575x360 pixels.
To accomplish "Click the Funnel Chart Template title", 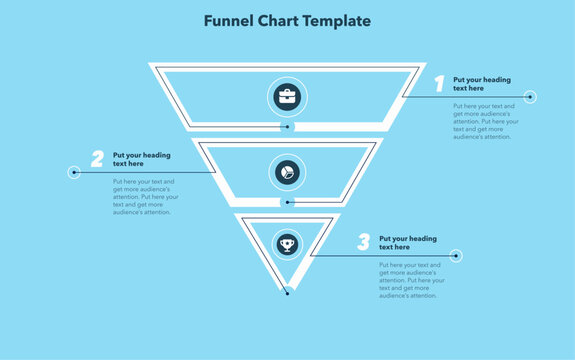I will pyautogui.click(x=287, y=20).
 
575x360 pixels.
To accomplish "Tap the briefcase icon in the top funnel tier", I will pyautogui.click(x=288, y=97).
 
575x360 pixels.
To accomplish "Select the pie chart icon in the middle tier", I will pyautogui.click(x=288, y=172).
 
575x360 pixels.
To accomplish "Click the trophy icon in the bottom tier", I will pyautogui.click(x=288, y=242).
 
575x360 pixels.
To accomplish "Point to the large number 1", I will pyautogui.click(x=438, y=83).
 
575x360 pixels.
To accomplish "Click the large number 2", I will pyautogui.click(x=97, y=158).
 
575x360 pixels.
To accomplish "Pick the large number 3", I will pyautogui.click(x=363, y=242).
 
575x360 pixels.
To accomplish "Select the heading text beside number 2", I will pyautogui.click(x=141, y=159).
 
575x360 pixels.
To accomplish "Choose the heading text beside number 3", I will pyautogui.click(x=408, y=243).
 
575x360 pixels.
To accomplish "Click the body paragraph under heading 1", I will pyautogui.click(x=484, y=121).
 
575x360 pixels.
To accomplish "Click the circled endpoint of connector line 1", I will pyautogui.click(x=530, y=97).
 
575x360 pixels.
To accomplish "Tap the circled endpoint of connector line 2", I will pyautogui.click(x=74, y=172).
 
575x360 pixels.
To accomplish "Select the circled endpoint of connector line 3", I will pyautogui.click(x=456, y=256).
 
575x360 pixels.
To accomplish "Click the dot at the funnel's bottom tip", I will pyautogui.click(x=288, y=292).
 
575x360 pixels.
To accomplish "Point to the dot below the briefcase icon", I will pyautogui.click(x=288, y=127).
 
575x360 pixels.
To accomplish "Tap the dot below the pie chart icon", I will pyautogui.click(x=288, y=202).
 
